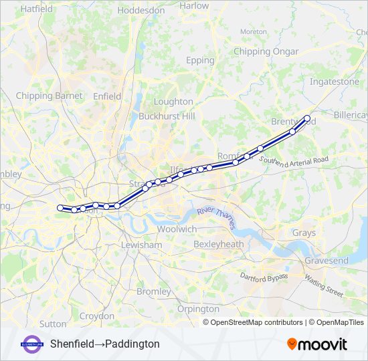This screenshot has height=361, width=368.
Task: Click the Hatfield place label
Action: (x=37, y=9)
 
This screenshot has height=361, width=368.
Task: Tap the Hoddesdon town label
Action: (x=141, y=11)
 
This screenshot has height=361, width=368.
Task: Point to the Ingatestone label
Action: (x=335, y=82)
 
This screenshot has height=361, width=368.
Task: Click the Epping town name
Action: (x=199, y=60)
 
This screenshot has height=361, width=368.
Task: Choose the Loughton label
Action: (x=173, y=102)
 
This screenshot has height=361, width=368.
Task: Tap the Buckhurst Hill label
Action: (x=167, y=116)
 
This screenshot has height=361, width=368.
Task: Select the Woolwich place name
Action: (x=177, y=229)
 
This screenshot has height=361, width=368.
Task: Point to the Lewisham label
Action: (x=141, y=245)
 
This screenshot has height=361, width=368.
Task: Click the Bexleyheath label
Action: (x=218, y=245)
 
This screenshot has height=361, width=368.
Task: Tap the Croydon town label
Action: (x=97, y=316)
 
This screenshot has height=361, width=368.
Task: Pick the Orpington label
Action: (x=198, y=309)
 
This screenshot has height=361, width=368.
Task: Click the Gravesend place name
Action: (x=327, y=260)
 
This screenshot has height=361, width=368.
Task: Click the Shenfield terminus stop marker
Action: (x=307, y=119)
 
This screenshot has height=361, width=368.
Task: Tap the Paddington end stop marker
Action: (x=60, y=208)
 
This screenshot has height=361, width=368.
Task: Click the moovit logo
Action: (x=316, y=344)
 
